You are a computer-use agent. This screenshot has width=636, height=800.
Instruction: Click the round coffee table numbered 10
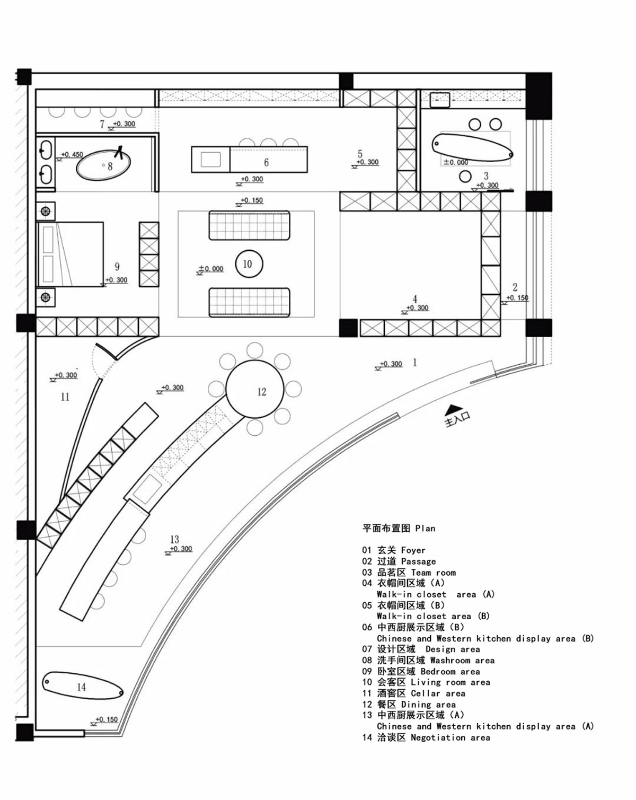(248, 264)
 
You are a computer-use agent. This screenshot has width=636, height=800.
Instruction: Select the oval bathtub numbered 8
(103, 165)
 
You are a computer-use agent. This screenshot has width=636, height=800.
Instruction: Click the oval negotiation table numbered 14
(83, 686)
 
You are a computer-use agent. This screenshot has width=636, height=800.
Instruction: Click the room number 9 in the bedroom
(117, 267)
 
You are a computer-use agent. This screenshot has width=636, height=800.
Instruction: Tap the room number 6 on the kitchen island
(266, 162)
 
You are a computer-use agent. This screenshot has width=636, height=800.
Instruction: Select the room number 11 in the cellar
(65, 397)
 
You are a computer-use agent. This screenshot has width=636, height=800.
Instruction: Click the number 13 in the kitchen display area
(174, 539)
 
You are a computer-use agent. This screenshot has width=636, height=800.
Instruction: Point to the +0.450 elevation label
(72, 155)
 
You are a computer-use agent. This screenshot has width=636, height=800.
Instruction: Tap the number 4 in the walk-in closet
(415, 300)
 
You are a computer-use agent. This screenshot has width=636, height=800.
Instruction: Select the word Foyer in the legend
(413, 550)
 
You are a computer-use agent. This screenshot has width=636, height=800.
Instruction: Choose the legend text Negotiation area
(450, 737)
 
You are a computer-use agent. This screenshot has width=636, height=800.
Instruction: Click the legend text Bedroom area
(450, 671)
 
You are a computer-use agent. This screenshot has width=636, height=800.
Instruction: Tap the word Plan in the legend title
(425, 528)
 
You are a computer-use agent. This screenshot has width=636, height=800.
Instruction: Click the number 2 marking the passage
(515, 287)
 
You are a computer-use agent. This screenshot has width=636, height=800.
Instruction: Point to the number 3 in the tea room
(486, 175)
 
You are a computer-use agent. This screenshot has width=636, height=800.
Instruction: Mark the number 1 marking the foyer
(414, 363)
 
